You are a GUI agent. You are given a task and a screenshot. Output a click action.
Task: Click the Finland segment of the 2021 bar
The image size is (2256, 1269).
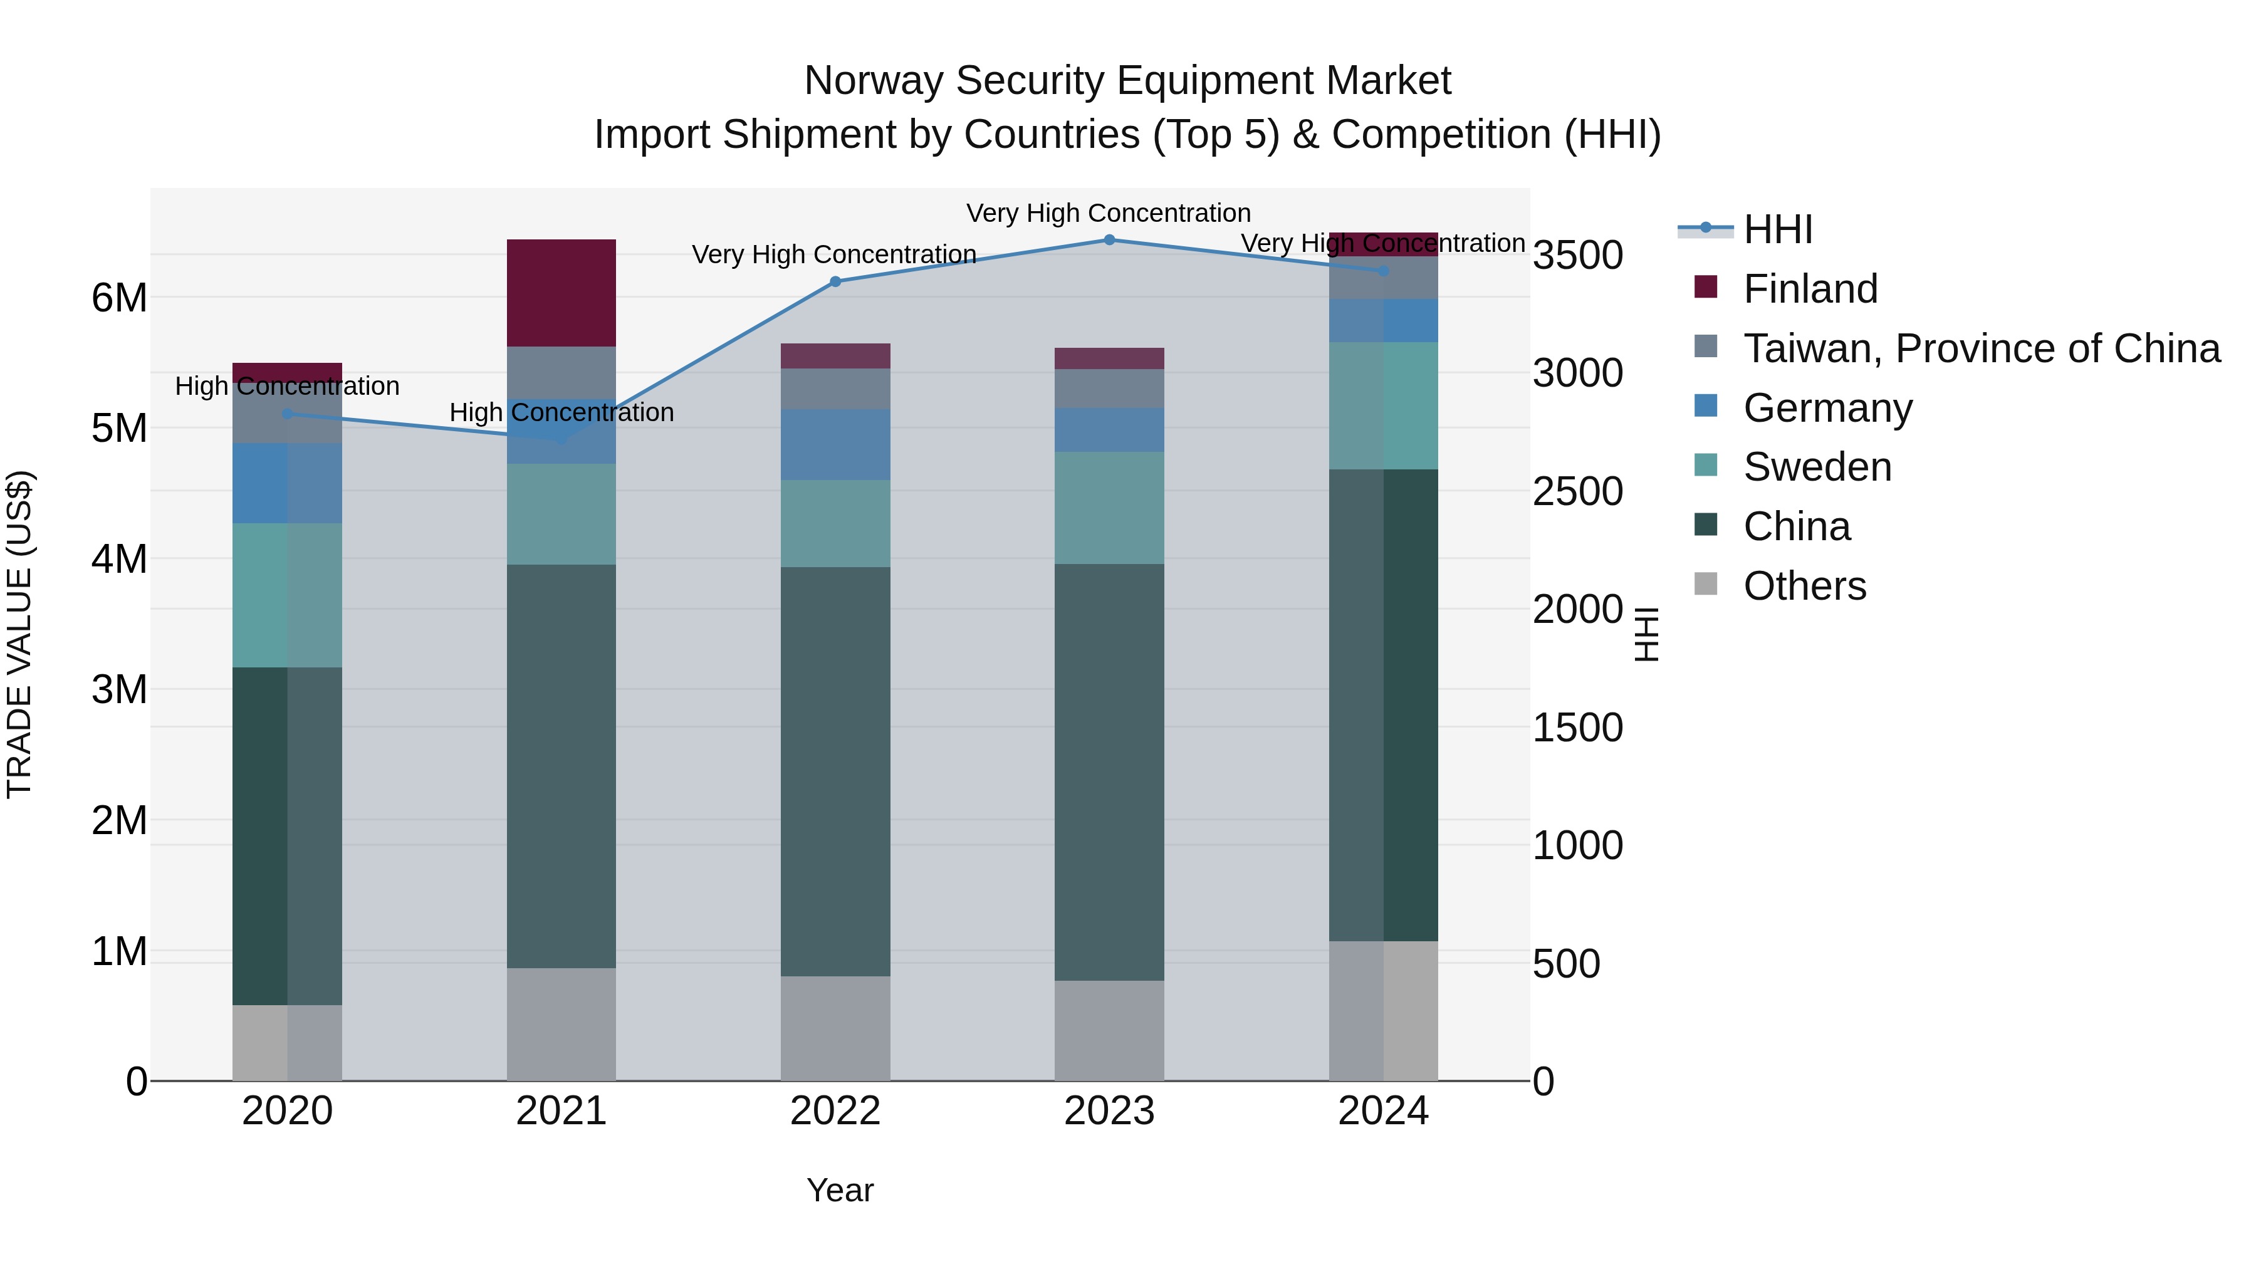pos(561,293)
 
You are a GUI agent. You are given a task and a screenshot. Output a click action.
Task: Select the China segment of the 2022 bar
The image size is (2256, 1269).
pos(835,771)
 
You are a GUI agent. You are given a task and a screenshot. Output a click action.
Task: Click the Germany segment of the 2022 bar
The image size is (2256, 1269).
pos(835,444)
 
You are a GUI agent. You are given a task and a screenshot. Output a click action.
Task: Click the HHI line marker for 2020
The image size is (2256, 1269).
pos(287,414)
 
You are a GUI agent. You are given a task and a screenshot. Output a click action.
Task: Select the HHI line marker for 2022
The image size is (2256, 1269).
pos(835,282)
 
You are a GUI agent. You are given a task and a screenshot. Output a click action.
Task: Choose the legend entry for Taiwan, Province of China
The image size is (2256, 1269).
pos(1981,348)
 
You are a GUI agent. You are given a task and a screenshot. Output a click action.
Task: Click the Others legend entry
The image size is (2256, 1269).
pos(1804,586)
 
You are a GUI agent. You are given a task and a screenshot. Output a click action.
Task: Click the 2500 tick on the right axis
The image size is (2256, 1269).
pos(1577,491)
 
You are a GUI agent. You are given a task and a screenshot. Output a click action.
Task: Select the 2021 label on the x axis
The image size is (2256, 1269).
pos(561,1111)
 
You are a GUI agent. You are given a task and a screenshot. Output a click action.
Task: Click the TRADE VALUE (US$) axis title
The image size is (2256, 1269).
pos(19,634)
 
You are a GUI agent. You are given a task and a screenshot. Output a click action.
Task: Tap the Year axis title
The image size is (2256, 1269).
pos(840,1190)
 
